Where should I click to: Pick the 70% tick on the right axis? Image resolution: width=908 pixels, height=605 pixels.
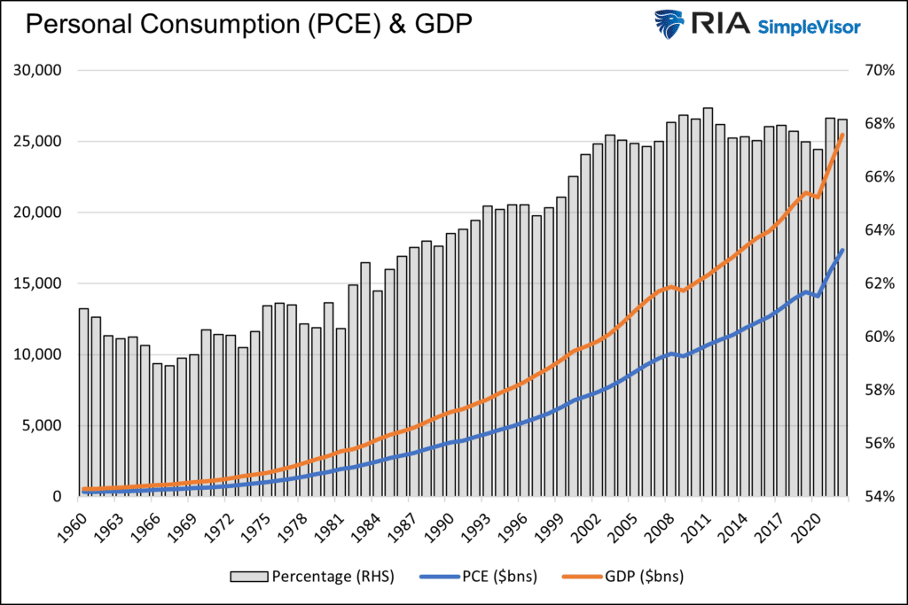(872, 71)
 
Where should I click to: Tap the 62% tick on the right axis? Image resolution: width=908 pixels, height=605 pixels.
(872, 283)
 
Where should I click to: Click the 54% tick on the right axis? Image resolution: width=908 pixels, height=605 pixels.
(872, 496)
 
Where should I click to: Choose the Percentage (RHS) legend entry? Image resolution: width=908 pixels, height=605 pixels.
(311, 576)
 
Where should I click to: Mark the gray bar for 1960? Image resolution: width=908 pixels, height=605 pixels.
(83, 399)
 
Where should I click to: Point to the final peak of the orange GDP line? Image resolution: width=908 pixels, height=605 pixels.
(841, 134)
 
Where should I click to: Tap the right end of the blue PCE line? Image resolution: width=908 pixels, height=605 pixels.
(842, 251)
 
